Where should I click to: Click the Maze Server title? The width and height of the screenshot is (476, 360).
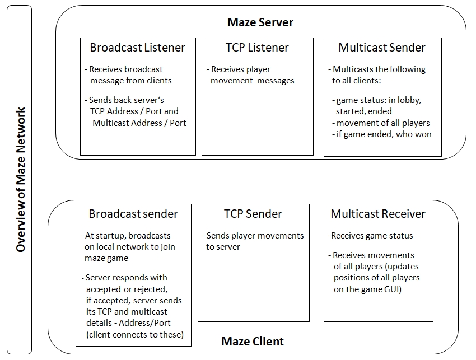point(260,22)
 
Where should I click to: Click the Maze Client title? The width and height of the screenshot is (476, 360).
point(253,342)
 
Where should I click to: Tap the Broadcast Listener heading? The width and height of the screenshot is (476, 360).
point(138,48)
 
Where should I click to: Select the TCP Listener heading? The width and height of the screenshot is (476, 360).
point(257,48)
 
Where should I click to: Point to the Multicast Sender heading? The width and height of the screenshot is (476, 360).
point(382,48)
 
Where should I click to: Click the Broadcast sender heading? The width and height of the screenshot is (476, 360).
point(133,214)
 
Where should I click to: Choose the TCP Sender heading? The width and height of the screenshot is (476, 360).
point(253,214)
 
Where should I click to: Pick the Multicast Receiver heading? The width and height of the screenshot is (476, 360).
point(378,214)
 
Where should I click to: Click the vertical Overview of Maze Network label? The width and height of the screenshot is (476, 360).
point(20,180)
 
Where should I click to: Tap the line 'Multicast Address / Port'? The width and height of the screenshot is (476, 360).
point(139,123)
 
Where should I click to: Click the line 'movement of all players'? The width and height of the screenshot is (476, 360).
point(381,123)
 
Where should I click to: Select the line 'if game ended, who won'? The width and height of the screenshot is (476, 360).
point(382,134)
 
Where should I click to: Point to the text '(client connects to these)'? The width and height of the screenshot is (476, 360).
point(135,334)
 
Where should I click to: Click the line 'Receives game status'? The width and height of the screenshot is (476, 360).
point(371,236)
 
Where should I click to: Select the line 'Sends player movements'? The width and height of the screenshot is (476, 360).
point(253,236)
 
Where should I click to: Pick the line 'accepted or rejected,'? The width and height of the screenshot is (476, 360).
point(127,289)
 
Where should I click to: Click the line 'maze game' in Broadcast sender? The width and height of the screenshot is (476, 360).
point(106,258)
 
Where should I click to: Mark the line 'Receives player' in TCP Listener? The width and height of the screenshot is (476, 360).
point(239,69)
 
